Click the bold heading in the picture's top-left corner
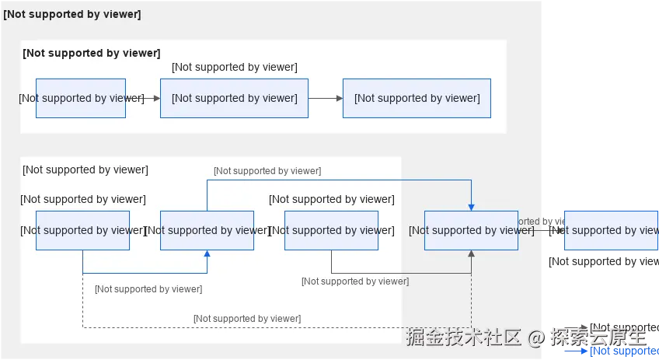click(x=72, y=15)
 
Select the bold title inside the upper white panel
click(x=91, y=53)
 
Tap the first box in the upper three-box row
click(x=81, y=98)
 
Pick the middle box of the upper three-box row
click(x=234, y=98)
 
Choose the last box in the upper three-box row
click(x=417, y=98)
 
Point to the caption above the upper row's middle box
click(x=234, y=68)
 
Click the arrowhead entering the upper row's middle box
click(x=156, y=98)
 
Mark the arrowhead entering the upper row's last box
click(x=339, y=98)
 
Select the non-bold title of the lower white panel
click(x=85, y=170)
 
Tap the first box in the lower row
click(x=82, y=230)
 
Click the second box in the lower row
click(x=207, y=230)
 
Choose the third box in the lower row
click(x=331, y=230)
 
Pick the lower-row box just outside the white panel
click(x=471, y=230)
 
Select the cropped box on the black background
click(x=611, y=230)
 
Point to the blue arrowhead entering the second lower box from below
click(x=207, y=254)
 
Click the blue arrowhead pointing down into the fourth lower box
click(x=471, y=206)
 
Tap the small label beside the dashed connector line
click(x=247, y=319)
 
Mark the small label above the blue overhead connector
click(x=267, y=171)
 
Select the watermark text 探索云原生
click(x=598, y=337)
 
